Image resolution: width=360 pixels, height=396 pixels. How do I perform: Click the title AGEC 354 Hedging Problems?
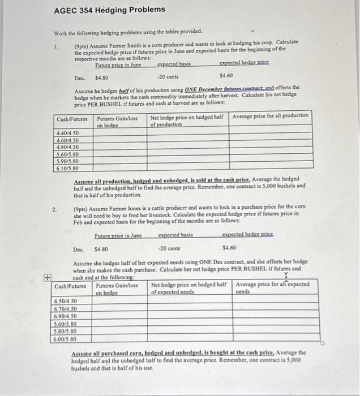[110, 10]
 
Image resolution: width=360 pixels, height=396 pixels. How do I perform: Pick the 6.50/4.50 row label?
[65, 301]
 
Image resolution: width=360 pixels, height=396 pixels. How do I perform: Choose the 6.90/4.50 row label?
[65, 316]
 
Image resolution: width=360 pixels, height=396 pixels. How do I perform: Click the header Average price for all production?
[270, 116]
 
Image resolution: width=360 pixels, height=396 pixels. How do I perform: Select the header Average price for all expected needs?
[272, 287]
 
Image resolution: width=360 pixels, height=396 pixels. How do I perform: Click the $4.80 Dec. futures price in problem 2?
[101, 248]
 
